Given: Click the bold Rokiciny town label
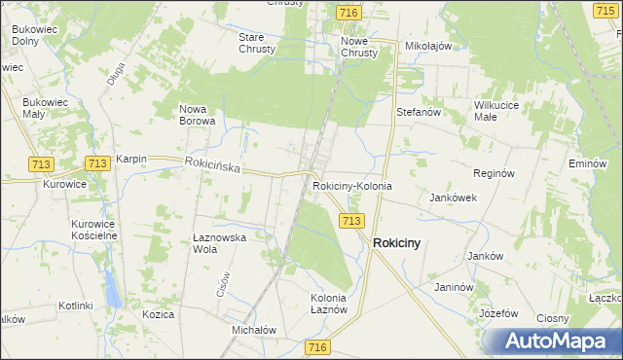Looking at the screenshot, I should (x=397, y=243).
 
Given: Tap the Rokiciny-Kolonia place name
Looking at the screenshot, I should (x=352, y=185).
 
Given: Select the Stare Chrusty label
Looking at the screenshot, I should (x=257, y=43).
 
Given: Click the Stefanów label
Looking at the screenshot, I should (x=420, y=112).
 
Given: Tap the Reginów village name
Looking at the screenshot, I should (x=493, y=172).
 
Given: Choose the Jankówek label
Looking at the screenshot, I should (x=453, y=197).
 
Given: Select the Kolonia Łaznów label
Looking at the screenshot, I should (x=329, y=303).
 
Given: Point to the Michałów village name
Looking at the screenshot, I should (x=254, y=330).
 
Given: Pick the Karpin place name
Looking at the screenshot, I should (x=130, y=159).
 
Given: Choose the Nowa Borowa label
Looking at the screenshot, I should (x=198, y=115).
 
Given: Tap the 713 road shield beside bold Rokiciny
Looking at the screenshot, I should (x=352, y=222).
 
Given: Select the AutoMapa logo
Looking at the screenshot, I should (x=553, y=341).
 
